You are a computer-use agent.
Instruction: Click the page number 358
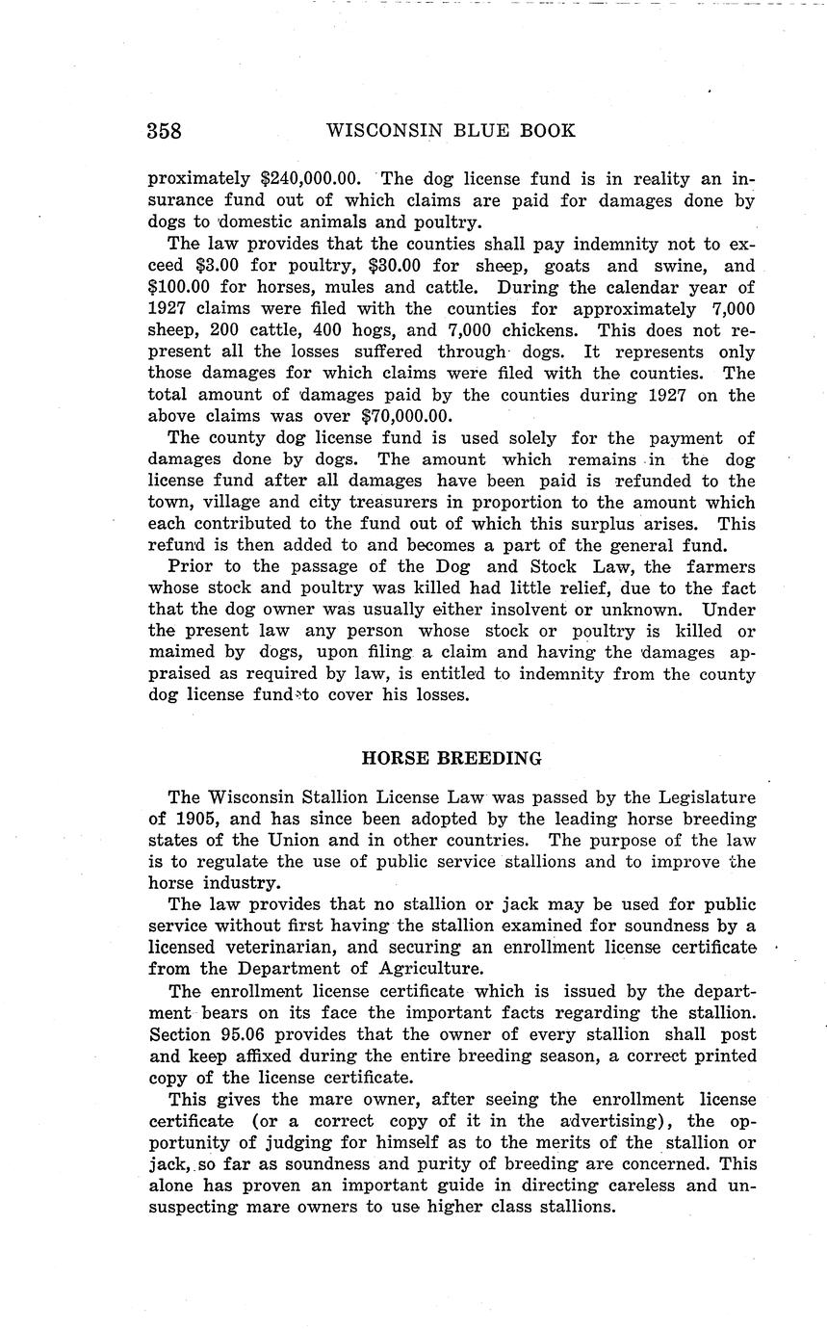coord(166,131)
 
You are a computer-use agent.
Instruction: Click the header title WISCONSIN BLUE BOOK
coord(452,131)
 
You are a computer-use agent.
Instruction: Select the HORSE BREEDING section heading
coord(452,758)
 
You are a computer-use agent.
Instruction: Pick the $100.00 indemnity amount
coord(181,287)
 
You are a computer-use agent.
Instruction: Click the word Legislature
coord(708,797)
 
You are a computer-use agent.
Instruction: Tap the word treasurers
coord(398,503)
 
